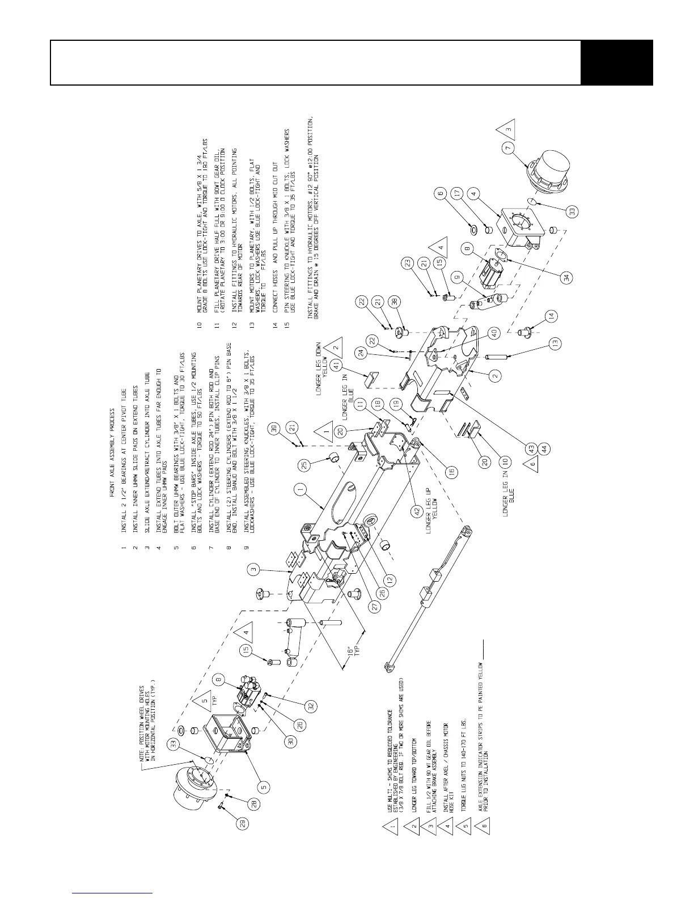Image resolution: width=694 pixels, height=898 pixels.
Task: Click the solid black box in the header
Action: point(617,62)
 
